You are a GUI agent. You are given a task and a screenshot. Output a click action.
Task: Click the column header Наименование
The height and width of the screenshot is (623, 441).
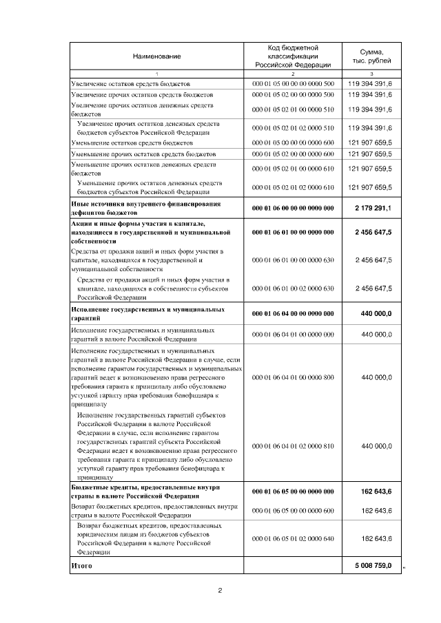point(156,55)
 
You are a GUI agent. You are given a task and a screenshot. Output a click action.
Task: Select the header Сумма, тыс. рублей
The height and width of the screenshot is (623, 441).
point(371,56)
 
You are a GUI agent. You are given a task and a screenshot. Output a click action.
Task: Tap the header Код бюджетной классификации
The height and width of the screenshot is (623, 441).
point(294,55)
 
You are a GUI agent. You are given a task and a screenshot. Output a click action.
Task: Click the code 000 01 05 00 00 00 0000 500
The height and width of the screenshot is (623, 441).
point(294,83)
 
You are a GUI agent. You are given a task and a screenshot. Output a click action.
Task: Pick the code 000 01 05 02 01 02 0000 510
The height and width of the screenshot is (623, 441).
point(294,127)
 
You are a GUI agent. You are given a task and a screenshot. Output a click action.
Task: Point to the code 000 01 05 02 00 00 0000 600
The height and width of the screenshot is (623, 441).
point(294,154)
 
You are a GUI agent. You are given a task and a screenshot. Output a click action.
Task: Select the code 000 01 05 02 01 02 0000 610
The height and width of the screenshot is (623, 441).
point(294,187)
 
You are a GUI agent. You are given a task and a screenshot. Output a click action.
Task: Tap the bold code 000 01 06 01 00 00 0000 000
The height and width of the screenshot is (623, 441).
point(294,233)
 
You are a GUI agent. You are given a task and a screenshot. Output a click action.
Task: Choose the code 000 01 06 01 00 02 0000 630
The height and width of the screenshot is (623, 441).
point(294,288)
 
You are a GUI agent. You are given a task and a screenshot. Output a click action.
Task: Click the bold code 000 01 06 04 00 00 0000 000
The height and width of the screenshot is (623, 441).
point(294,314)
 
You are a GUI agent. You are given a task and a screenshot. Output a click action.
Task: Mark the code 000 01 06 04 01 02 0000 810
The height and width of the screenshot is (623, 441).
point(294,446)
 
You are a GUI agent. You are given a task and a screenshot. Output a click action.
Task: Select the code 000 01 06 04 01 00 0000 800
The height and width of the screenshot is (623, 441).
point(294,377)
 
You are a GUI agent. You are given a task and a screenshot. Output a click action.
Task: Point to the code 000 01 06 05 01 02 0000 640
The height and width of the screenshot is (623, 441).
point(294,538)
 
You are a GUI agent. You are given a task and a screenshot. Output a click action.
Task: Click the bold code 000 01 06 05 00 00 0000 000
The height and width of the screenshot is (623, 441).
point(294,492)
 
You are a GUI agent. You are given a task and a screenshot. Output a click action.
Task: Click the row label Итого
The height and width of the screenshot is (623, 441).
point(81,565)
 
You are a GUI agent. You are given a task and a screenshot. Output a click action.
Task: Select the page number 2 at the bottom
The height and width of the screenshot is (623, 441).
point(220,591)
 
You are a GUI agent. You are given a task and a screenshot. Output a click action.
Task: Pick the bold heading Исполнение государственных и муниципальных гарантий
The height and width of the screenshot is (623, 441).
point(147,314)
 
